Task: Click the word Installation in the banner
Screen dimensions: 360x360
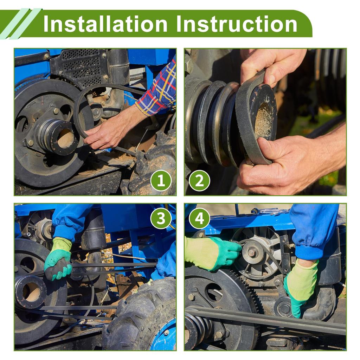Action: (105, 24)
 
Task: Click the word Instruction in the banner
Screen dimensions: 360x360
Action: (237, 24)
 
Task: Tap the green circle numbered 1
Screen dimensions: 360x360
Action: (161, 180)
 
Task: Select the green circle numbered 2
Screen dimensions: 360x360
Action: (199, 180)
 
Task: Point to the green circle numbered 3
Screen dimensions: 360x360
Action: (161, 218)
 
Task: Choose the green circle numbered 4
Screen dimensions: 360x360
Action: (199, 218)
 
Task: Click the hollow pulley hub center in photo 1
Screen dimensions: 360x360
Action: (65, 138)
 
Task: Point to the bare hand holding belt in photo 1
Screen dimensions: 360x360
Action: (110, 131)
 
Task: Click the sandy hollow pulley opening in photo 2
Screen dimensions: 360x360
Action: (264, 120)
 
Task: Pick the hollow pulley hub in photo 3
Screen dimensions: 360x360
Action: (30, 291)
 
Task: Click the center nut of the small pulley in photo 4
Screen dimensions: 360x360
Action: (252, 253)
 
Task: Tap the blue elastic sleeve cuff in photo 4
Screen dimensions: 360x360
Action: (309, 252)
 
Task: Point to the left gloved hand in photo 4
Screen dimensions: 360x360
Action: (212, 252)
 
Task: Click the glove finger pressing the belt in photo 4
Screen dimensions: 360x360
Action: (296, 309)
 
